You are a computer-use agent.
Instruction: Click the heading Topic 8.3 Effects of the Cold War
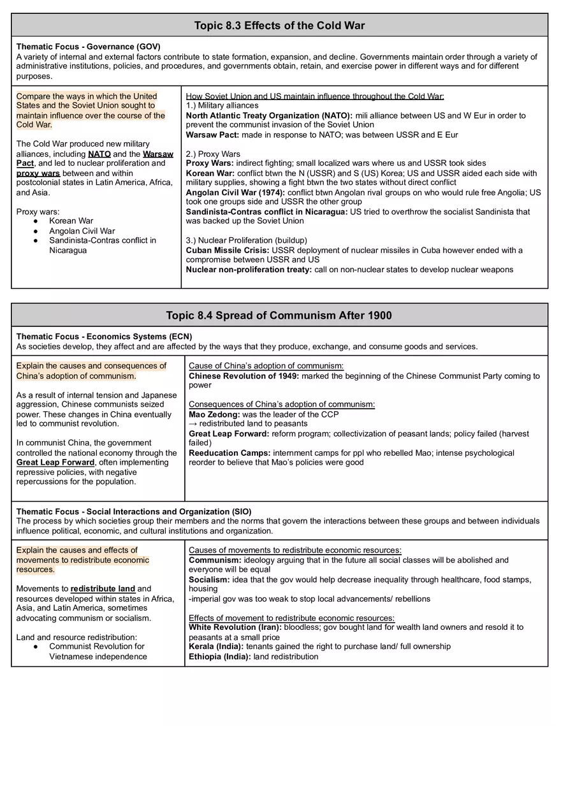(279, 26)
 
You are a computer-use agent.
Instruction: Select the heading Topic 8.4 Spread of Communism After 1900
(279, 315)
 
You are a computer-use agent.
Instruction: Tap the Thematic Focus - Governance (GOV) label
(88, 47)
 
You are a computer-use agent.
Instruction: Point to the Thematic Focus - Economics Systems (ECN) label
(104, 337)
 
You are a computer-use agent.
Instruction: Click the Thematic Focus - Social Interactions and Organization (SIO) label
(134, 511)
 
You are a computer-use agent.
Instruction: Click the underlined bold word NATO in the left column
(99, 154)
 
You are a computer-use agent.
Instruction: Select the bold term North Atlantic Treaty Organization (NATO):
(269, 115)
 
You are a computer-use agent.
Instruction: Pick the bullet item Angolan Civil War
(82, 231)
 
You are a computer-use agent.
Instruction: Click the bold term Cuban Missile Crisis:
(227, 250)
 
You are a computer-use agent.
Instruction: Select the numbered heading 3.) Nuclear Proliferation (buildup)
(246, 240)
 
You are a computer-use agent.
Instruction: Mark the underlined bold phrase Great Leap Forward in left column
(55, 462)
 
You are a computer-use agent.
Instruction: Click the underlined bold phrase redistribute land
(103, 588)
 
